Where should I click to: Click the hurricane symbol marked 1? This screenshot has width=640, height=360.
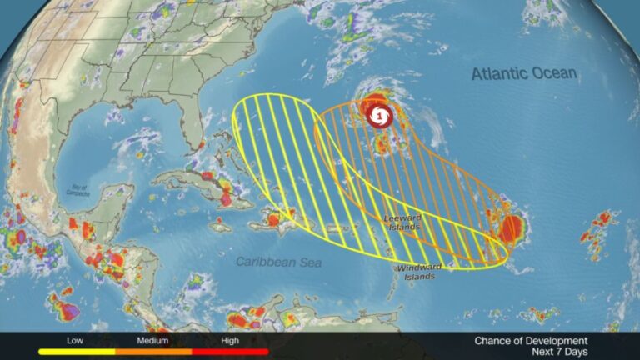pos(379,115)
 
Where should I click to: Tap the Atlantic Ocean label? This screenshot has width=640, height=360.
pos(523,74)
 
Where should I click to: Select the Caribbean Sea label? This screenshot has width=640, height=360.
pos(278,261)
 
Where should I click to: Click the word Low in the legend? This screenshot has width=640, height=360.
pos(74,340)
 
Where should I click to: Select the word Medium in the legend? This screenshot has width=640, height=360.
pos(153,340)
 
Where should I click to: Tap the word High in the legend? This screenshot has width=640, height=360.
pos(231,340)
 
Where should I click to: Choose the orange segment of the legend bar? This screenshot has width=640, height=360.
pos(153,351)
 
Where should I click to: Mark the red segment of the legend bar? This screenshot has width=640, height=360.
pos(231,351)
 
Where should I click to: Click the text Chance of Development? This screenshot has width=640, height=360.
pos(531,340)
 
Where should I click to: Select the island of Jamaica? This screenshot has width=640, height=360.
pos(219,226)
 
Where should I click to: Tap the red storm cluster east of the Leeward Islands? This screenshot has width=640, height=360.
pos(511,227)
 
